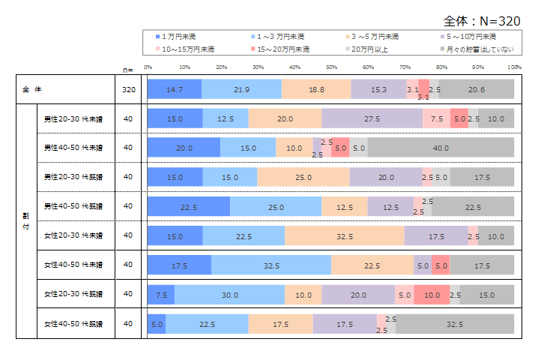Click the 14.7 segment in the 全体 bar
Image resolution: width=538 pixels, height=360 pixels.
pos(175,90)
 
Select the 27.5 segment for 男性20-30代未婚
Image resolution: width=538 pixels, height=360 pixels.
pos(372,118)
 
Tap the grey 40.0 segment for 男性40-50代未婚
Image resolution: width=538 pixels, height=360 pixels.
pos(441,148)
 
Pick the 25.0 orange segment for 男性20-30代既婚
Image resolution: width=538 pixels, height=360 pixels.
pos(303,177)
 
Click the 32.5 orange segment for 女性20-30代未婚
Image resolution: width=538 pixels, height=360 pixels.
pos(344,235)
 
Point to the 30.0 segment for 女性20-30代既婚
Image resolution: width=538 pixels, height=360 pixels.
pos(229,295)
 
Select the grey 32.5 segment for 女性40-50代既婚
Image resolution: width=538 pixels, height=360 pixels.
pos(455,324)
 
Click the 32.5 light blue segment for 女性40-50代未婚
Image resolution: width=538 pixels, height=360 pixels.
pos(271,265)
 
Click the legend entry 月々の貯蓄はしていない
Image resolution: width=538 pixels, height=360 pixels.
pos(479,49)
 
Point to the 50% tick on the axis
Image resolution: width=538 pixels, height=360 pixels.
pos(331,67)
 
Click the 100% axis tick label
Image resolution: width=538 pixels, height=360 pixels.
pos(514,67)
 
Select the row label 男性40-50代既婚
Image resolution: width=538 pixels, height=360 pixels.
pos(73,206)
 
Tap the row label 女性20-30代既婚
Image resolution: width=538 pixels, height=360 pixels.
pos(73,294)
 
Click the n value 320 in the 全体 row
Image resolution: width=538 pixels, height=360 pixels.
pos(128,90)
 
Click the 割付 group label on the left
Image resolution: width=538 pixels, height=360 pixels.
pos(26,221)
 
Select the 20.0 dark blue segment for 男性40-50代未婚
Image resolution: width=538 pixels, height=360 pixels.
pos(184,148)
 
